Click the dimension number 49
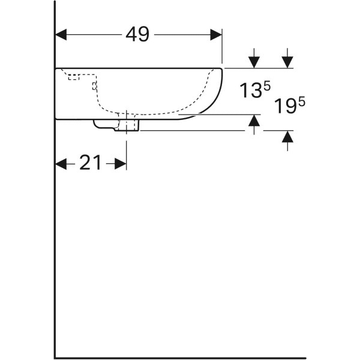point(137,35)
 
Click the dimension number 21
point(90,163)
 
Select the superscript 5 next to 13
point(259,86)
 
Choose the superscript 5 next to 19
point(301,102)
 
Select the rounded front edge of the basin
point(219,90)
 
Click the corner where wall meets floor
point(55,358)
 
